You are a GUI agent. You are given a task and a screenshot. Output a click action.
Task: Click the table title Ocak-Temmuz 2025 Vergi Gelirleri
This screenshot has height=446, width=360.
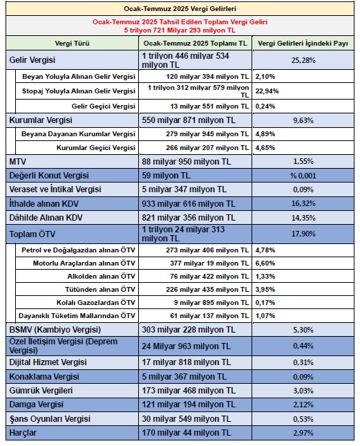point(180,9)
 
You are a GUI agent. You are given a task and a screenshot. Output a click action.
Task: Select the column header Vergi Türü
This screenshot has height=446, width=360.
point(72,44)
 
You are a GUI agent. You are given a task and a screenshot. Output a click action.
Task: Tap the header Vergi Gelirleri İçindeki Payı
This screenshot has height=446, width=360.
point(303,44)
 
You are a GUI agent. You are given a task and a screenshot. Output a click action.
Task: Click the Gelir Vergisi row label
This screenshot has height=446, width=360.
point(32,60)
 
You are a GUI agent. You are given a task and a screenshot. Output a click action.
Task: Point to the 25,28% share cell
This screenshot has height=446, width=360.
point(303,60)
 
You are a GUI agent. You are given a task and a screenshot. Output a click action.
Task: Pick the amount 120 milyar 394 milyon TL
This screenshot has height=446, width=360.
point(207,77)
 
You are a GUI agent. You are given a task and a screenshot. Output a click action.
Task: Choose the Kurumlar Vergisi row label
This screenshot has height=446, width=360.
point(41,120)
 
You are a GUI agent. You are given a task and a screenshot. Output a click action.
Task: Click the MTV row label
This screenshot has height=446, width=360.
point(17,162)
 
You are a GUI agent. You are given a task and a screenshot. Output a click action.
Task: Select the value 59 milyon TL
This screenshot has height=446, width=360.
point(166,176)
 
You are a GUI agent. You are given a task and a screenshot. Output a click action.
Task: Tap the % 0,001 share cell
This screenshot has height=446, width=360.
point(303,176)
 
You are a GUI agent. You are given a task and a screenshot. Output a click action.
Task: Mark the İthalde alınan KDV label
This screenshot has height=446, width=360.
point(44,204)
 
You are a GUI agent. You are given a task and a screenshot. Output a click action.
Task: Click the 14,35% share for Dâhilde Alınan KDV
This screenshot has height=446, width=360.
point(303,218)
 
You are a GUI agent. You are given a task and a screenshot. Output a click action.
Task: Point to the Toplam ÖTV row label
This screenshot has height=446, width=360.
point(32,234)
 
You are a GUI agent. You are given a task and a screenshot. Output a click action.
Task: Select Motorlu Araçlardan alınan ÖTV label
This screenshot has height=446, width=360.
point(84,263)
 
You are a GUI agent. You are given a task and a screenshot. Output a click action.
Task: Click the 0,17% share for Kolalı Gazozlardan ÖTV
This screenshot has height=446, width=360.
point(265,302)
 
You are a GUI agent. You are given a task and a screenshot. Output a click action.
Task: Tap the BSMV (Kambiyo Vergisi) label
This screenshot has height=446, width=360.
point(55,330)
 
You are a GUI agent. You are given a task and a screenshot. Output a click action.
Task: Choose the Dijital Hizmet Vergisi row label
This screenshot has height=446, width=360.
point(48,362)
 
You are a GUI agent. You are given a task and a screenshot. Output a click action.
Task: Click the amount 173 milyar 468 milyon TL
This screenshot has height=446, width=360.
point(189,390)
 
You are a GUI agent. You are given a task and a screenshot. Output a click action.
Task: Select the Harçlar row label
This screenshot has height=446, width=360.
point(23,433)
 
